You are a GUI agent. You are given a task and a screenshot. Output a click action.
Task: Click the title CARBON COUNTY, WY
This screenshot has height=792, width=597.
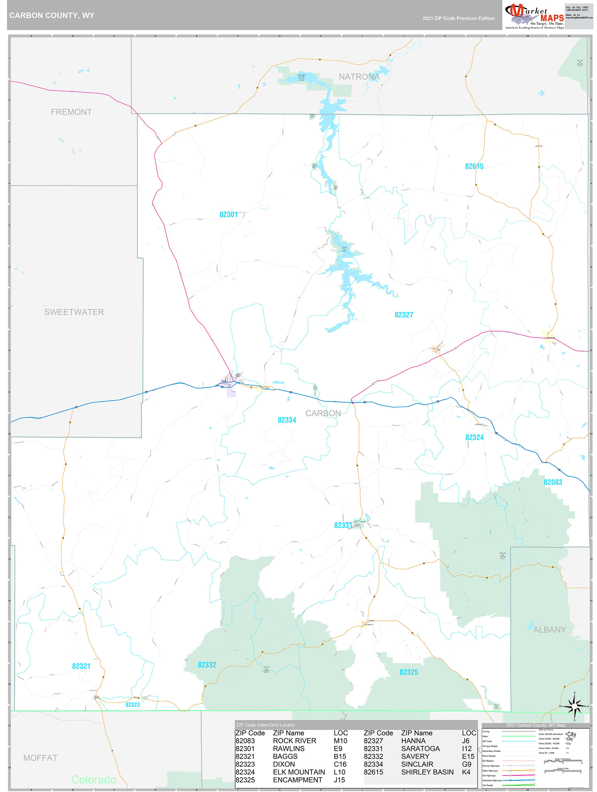52,16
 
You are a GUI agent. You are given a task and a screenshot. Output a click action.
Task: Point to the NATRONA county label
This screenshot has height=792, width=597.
359,77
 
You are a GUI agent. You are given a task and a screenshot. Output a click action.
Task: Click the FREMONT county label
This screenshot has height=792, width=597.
71,112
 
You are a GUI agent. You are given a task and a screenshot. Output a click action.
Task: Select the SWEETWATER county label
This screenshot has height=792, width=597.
74,312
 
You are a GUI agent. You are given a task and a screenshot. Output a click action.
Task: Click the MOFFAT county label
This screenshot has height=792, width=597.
40,758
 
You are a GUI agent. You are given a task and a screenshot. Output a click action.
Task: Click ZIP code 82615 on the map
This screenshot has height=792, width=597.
474,166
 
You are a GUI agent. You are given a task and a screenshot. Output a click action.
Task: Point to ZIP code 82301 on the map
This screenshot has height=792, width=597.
228,214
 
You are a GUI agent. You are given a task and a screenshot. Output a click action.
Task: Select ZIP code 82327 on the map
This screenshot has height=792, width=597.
404,315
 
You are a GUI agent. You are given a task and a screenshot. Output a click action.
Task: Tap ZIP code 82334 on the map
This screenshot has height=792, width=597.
287,420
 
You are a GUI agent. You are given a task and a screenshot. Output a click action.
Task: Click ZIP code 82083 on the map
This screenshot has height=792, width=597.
553,482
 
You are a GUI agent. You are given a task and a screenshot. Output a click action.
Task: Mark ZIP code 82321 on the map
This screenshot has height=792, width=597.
81,666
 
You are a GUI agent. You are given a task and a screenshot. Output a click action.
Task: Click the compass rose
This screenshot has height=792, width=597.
574,706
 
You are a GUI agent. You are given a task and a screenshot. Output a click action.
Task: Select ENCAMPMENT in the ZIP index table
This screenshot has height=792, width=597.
297,780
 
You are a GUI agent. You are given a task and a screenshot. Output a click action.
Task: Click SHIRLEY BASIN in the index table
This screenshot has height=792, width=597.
427,772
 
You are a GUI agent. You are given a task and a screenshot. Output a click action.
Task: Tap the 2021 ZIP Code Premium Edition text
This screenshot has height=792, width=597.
458,18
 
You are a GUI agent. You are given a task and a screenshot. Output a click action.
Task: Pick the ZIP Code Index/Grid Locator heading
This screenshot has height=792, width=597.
265,725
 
